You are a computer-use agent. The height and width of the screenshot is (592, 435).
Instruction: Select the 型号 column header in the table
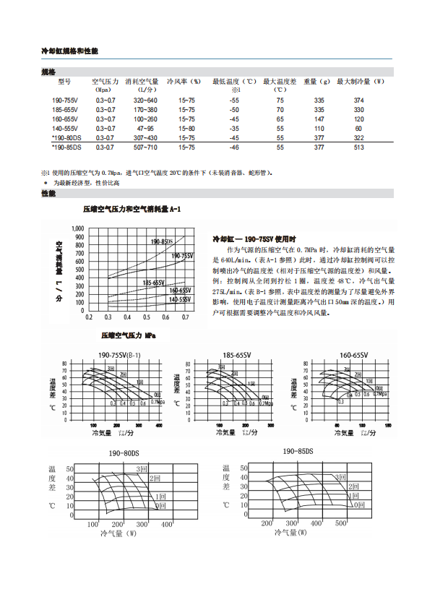click(x=66, y=82)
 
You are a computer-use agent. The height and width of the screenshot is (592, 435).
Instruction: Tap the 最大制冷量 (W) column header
click(x=360, y=82)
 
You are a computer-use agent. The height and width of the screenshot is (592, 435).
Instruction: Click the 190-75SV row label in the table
click(x=66, y=100)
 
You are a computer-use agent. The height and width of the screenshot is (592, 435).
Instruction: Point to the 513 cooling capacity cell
click(x=359, y=147)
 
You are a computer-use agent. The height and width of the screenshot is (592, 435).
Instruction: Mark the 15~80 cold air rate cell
click(x=186, y=128)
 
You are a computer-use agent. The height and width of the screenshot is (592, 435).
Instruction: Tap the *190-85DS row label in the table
click(x=66, y=147)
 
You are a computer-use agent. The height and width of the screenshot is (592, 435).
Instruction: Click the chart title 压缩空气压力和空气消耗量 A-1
click(x=132, y=209)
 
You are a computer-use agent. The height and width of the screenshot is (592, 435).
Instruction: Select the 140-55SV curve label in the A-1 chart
click(x=180, y=299)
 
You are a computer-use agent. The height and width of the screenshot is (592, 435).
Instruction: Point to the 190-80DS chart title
click(x=124, y=452)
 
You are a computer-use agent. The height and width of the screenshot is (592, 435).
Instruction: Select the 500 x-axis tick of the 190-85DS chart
click(x=341, y=523)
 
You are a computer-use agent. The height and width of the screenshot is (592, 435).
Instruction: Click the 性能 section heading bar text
click(x=48, y=194)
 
